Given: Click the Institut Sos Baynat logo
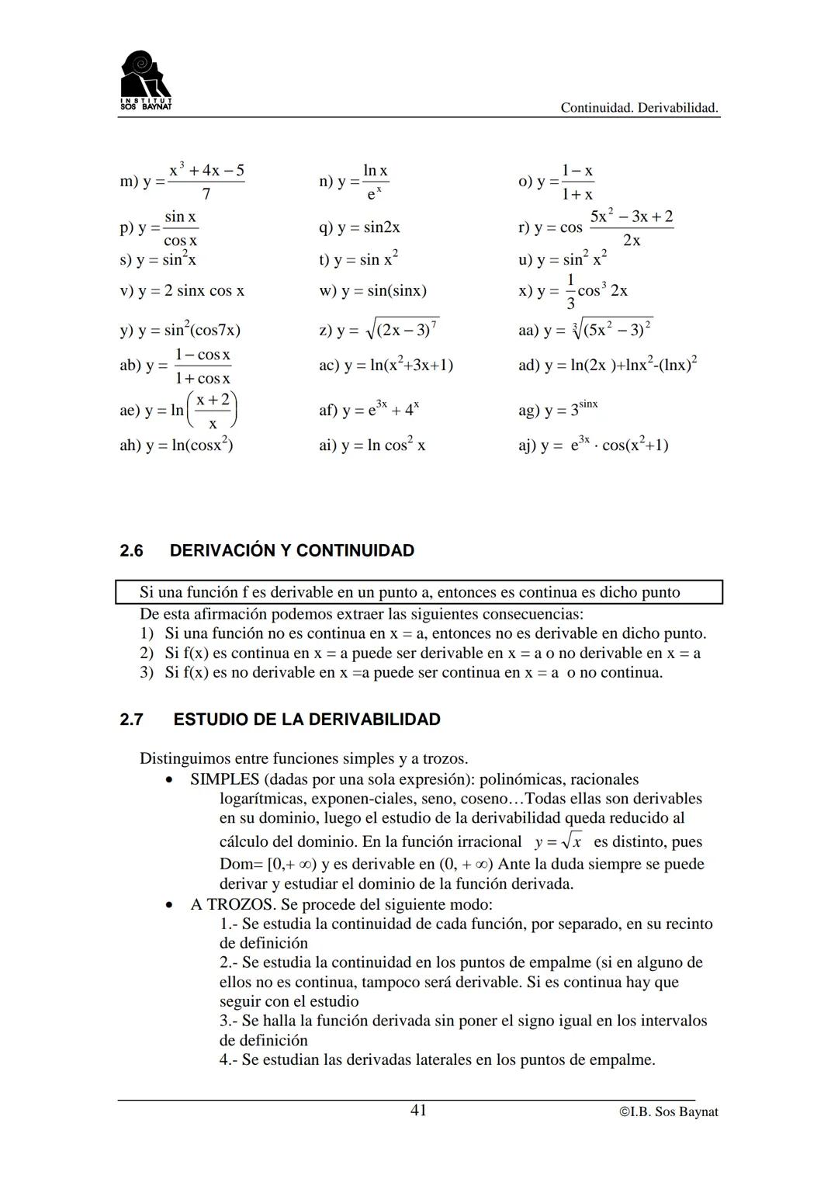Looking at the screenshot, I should point(147,80).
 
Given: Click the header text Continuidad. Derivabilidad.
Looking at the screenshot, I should point(639,108).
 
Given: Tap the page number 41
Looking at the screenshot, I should point(418,1111).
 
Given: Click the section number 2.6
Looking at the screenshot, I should point(132,551).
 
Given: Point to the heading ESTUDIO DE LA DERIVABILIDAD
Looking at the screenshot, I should point(306,720).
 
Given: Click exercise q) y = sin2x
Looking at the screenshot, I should point(359,227).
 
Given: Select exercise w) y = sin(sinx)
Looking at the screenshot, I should point(372,291).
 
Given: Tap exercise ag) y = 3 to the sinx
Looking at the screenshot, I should point(558,409).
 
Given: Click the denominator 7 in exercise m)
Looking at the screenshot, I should point(206,193).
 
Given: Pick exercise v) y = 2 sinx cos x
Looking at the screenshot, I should point(182,291).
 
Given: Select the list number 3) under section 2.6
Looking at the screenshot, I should point(147,672).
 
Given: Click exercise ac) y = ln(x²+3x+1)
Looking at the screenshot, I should point(386,365).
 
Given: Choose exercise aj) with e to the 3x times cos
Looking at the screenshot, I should point(594,446).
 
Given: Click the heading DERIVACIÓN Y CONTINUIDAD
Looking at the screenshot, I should point(292,551).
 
